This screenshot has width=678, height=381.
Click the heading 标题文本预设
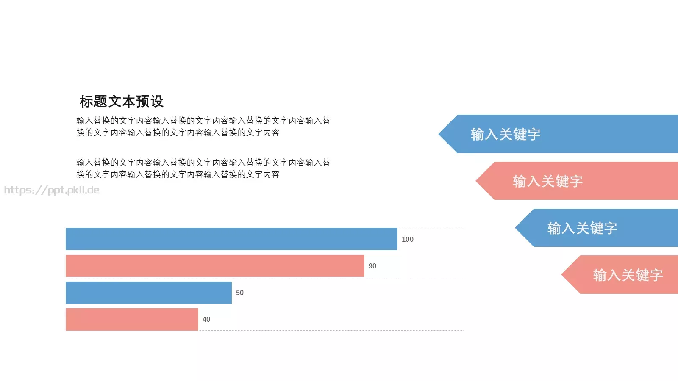[122, 102]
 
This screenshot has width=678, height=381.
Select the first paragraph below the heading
[203, 127]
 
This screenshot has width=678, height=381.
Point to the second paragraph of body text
[203, 168]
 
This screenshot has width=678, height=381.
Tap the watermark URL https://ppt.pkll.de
[52, 190]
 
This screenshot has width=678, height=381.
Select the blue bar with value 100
[231, 239]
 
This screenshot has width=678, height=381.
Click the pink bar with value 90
[215, 266]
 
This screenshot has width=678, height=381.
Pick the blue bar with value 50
[148, 293]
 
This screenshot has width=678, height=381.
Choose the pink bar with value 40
[132, 319]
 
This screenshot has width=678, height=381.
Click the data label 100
[408, 239]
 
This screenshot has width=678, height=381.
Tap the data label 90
[372, 266]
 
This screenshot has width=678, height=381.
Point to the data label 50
[240, 293]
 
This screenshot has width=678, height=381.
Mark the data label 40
[206, 319]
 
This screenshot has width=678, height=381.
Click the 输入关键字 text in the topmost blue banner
[506, 134]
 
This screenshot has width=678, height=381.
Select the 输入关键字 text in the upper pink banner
[547, 181]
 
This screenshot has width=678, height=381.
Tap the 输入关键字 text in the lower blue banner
[582, 228]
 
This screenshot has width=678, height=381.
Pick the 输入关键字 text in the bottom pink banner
[628, 275]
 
